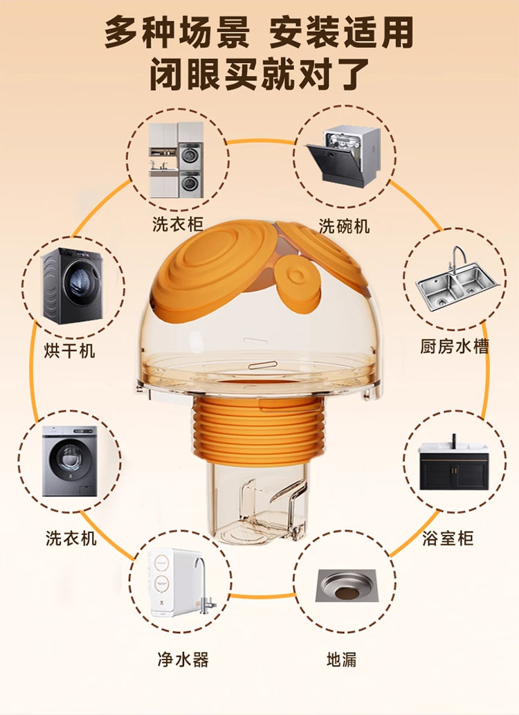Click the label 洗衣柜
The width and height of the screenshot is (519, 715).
pyautogui.click(x=177, y=224)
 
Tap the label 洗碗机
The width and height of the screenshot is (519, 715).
pyautogui.click(x=344, y=226)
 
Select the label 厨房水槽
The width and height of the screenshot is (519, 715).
pyautogui.click(x=454, y=347)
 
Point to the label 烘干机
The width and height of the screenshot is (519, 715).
pyautogui.click(x=69, y=351)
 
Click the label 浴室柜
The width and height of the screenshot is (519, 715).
pyautogui.click(x=448, y=538)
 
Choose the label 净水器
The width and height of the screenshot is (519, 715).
pyautogui.click(x=183, y=660)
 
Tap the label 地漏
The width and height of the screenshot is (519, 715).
pyautogui.click(x=342, y=660)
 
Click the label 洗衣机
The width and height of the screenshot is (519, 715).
pyautogui.click(x=71, y=538)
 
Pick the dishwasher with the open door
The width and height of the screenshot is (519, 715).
pyautogui.click(x=343, y=156)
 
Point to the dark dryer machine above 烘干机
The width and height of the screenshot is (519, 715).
pyautogui.click(x=73, y=285)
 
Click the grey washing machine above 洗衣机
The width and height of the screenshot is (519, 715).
pyautogui.click(x=70, y=460)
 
